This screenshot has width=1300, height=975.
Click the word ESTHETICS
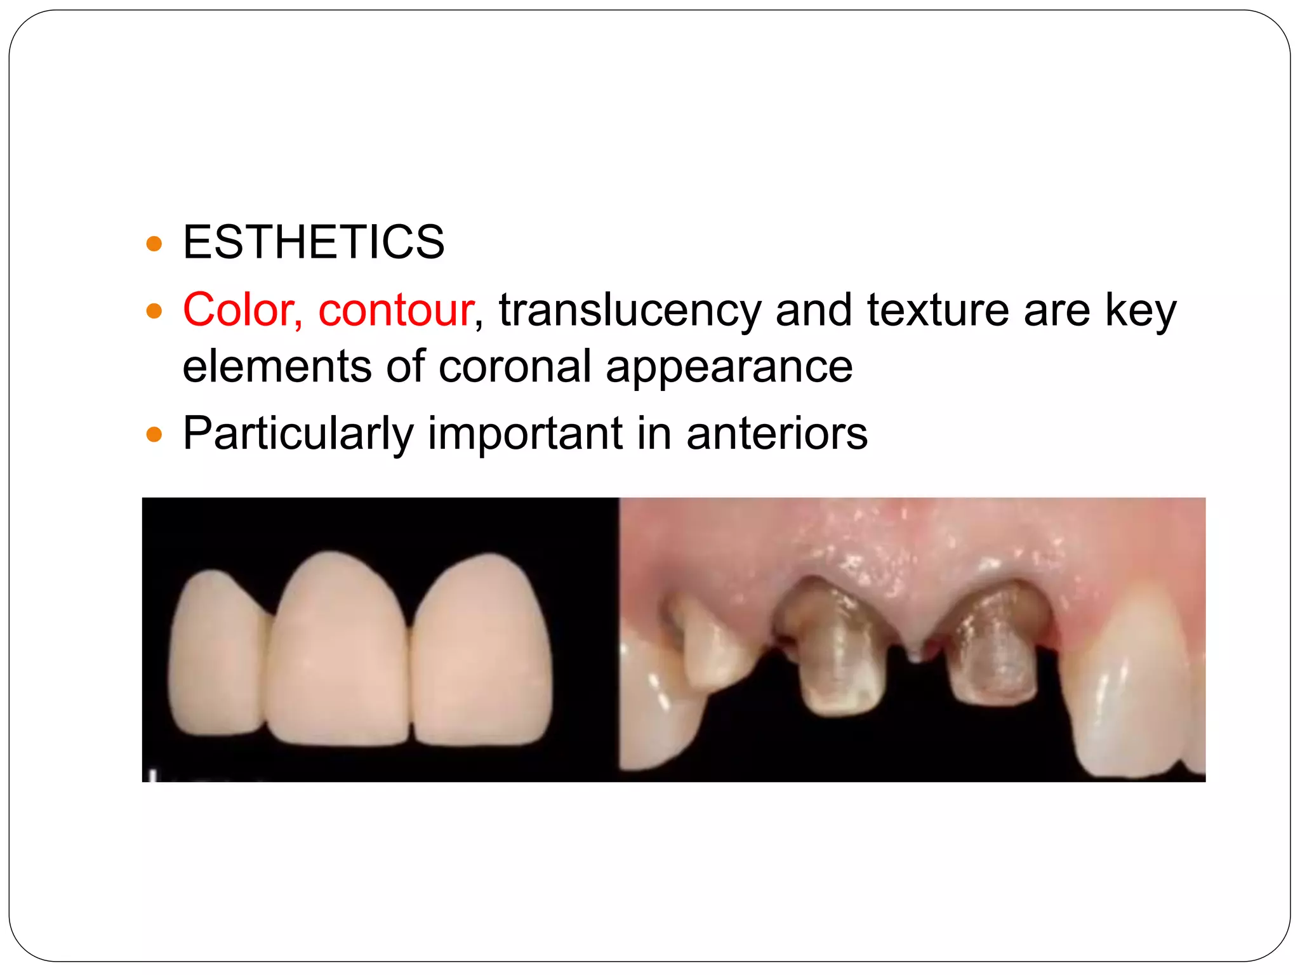314,242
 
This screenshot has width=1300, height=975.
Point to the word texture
938,310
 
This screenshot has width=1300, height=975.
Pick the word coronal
515,367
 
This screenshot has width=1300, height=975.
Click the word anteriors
777,434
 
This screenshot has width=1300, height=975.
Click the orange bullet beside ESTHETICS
154,243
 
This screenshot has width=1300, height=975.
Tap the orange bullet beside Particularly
154,435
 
